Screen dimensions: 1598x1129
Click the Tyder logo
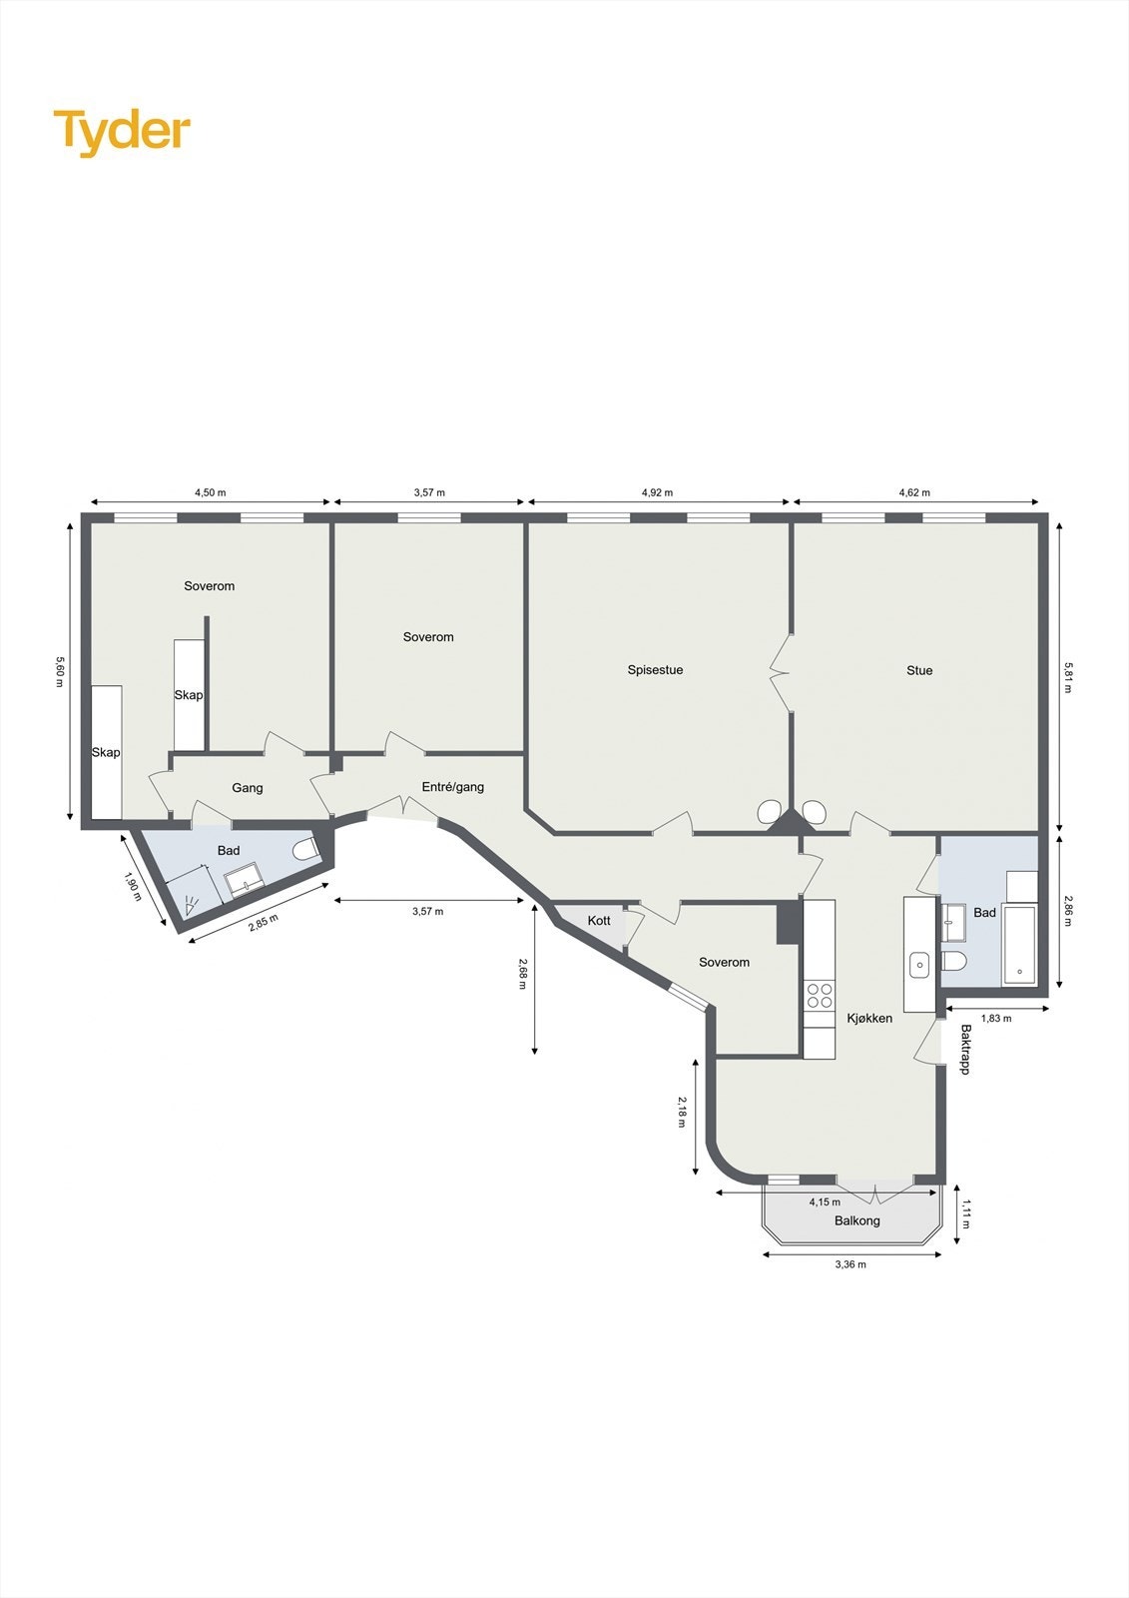click(121, 132)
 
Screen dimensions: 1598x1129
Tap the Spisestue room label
click(655, 670)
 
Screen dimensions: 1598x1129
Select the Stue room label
click(919, 671)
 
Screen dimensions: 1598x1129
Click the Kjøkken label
click(869, 1018)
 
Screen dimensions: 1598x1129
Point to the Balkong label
click(856, 1220)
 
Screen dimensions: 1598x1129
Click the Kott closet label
click(599, 920)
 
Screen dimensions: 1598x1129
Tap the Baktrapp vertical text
click(965, 1049)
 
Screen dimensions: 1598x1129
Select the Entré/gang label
click(453, 787)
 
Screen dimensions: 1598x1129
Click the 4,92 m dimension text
click(657, 492)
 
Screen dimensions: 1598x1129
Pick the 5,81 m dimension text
click(1067, 677)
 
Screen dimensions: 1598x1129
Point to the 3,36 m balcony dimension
click(850, 1264)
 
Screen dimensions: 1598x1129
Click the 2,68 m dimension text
click(521, 974)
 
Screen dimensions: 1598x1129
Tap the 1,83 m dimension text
click(996, 1019)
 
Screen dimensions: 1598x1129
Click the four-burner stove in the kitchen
click(820, 995)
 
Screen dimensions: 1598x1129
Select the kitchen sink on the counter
click(918, 965)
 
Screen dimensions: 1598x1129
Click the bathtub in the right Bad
click(1019, 945)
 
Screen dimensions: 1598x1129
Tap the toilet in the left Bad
click(305, 850)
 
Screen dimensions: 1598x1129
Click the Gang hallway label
click(248, 788)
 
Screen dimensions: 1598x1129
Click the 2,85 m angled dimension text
click(264, 922)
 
